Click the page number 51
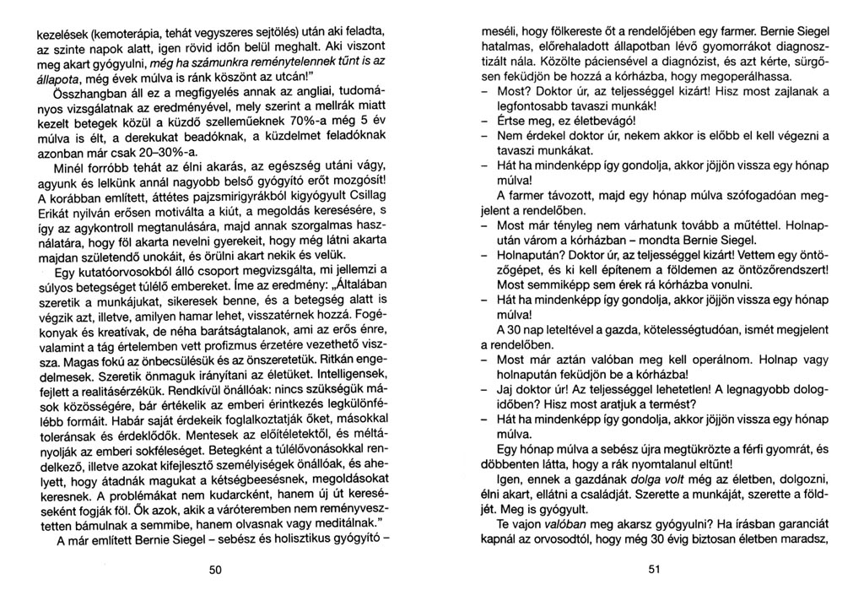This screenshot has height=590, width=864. pos(654,570)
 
